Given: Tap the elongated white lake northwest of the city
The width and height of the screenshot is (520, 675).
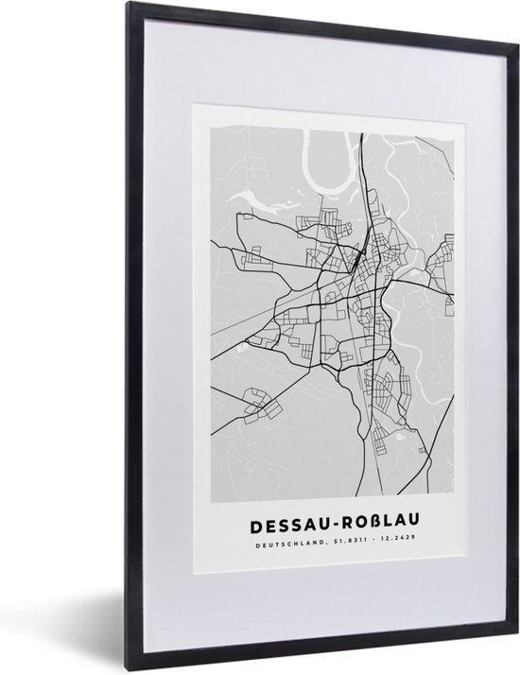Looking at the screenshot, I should point(269,199).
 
